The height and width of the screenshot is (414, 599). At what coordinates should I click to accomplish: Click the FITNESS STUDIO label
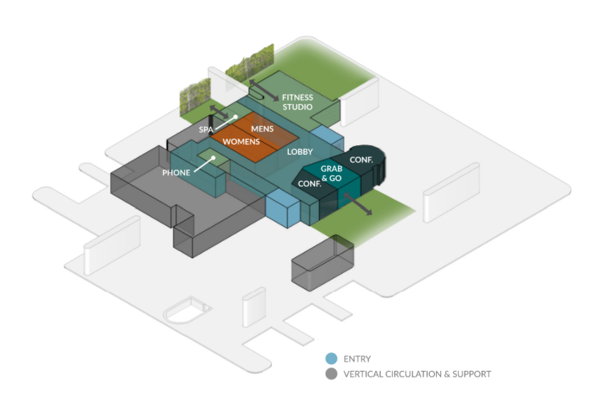click(x=297, y=102)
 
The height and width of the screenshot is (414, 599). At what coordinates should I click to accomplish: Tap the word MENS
click(x=262, y=129)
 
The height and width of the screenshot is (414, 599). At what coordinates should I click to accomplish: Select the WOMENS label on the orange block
click(x=241, y=142)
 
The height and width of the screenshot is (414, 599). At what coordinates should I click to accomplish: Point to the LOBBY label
click(x=300, y=152)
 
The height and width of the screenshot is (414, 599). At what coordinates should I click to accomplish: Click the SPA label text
click(x=206, y=129)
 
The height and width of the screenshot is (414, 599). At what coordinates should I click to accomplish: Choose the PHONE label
click(x=176, y=173)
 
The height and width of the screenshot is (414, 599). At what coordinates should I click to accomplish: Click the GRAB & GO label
click(x=331, y=173)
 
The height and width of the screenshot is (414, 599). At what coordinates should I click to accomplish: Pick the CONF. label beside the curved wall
click(x=361, y=160)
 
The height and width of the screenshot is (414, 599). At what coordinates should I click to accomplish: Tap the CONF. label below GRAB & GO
click(x=309, y=184)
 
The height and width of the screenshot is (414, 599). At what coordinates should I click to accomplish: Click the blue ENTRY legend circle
click(x=331, y=358)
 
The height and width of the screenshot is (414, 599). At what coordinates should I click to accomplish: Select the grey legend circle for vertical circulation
click(x=331, y=374)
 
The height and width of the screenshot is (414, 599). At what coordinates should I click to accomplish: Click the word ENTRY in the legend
click(x=357, y=359)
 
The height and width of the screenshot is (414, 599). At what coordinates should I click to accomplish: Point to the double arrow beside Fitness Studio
click(x=264, y=90)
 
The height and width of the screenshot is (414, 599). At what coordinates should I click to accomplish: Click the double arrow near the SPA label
click(x=219, y=111)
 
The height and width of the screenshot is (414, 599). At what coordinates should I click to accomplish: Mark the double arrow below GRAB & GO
click(x=357, y=204)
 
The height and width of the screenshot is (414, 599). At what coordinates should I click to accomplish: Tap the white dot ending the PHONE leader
click(x=213, y=158)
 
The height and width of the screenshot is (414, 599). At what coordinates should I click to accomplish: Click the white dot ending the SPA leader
click(x=236, y=117)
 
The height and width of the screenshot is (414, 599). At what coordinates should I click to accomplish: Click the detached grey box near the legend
click(x=323, y=263)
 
